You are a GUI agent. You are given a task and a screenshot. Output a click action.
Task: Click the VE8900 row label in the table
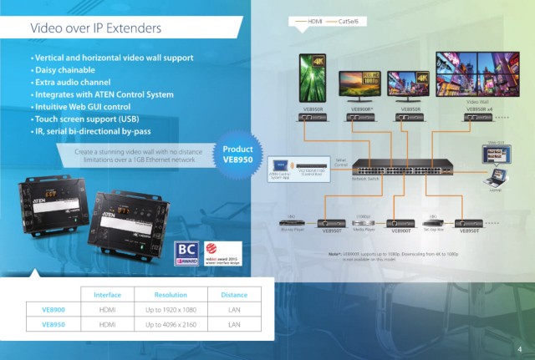click(54, 309)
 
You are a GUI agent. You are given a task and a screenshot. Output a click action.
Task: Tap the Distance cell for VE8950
click(233, 324)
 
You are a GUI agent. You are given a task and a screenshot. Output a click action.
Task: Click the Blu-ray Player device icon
click(295, 222)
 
